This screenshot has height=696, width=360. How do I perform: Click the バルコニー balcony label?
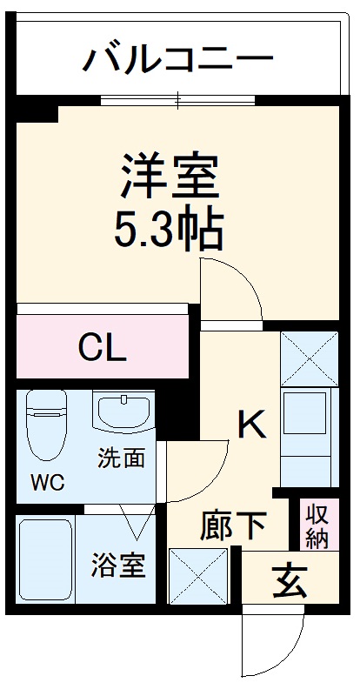point(178,60)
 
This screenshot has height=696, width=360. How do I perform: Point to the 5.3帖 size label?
point(169,228)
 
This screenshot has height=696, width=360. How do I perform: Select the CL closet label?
point(103,348)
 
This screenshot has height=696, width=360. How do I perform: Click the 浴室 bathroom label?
point(118,565)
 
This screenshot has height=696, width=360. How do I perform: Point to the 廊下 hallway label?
point(234,525)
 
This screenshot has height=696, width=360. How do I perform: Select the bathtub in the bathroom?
point(45,561)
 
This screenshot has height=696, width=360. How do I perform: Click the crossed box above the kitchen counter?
point(309,358)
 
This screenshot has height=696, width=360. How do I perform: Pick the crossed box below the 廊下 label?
point(199,577)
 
